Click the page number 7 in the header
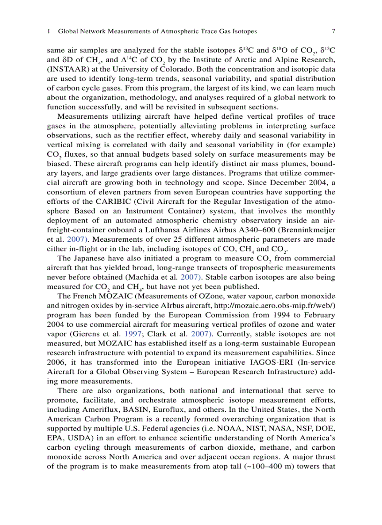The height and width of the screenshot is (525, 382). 333,32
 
